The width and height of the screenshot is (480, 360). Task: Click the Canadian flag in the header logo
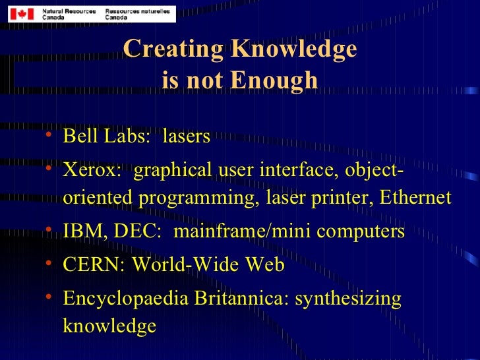[x=21, y=13]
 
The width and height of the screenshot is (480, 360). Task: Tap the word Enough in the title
[x=280, y=80]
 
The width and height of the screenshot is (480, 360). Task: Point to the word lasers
[x=186, y=136]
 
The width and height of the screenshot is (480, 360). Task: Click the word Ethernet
[x=415, y=197]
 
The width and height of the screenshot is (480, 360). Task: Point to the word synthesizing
[x=347, y=299]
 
